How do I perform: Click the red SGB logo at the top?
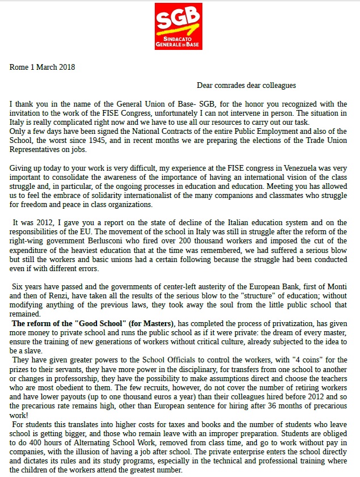point(179,26)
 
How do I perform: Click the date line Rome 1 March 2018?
point(43,67)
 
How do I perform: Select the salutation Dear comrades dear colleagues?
point(246,86)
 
